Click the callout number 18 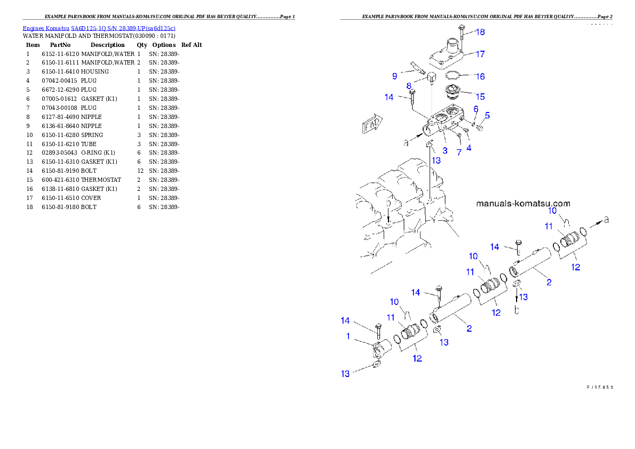click(x=480, y=32)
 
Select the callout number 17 click(x=480, y=54)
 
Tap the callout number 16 click(x=480, y=76)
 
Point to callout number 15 click(x=480, y=97)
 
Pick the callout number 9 click(x=395, y=76)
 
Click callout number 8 click(x=409, y=86)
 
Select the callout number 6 click(x=475, y=109)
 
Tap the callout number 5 click(x=487, y=115)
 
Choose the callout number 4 click(x=469, y=148)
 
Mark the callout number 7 click(x=458, y=153)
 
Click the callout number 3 click(x=444, y=151)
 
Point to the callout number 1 click(x=348, y=336)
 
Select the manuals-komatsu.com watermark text click(x=523, y=203)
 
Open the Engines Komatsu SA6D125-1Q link click(x=99, y=28)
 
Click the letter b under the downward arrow click(x=516, y=310)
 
